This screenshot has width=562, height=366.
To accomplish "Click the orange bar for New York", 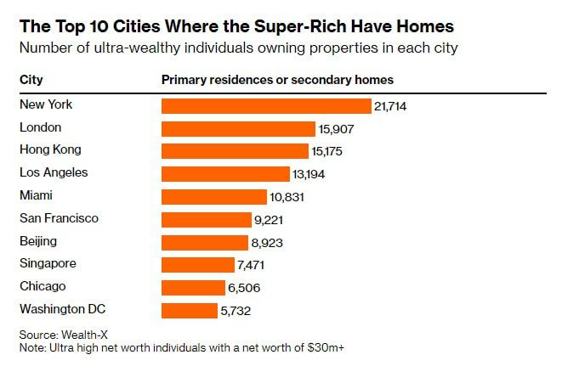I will (266, 106).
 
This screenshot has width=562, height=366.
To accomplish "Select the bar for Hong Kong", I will (235, 151).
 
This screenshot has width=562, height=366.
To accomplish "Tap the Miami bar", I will (213, 196).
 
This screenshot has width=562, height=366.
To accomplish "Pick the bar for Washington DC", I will (189, 310).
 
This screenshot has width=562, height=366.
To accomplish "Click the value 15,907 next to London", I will (336, 129).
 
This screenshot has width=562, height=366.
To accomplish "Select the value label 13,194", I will (309, 174).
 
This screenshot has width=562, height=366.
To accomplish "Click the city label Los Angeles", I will (54, 173).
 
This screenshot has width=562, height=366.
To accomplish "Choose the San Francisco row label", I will (59, 218).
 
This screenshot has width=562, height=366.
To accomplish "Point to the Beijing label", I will (38, 241).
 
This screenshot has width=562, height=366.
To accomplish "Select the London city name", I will (41, 128).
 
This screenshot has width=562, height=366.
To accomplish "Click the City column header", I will (31, 81).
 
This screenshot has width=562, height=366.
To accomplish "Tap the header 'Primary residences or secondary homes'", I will (277, 81).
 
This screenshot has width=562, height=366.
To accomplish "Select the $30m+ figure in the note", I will (328, 348).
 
